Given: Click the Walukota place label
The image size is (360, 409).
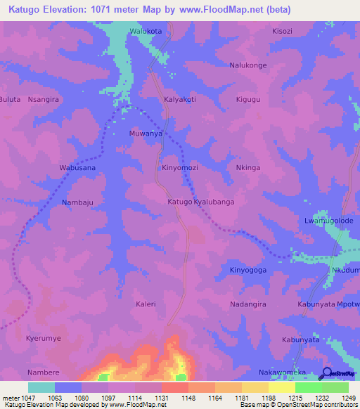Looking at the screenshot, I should tap(146, 32).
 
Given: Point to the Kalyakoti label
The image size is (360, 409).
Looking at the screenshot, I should tap(179, 100).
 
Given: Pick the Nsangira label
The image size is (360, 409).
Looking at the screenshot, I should tap(43, 100).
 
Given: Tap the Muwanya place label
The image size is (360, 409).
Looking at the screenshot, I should tap(146, 133).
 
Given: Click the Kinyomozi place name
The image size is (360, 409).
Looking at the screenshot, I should tap(180, 169).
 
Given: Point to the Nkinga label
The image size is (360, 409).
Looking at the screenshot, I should tap(247, 169).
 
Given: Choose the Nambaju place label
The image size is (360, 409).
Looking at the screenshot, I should tap(77, 202).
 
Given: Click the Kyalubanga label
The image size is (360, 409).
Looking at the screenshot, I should tap(214, 202).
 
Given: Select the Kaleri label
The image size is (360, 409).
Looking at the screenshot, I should tap(146, 304).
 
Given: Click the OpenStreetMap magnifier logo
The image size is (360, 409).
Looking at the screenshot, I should tap(327, 372).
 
